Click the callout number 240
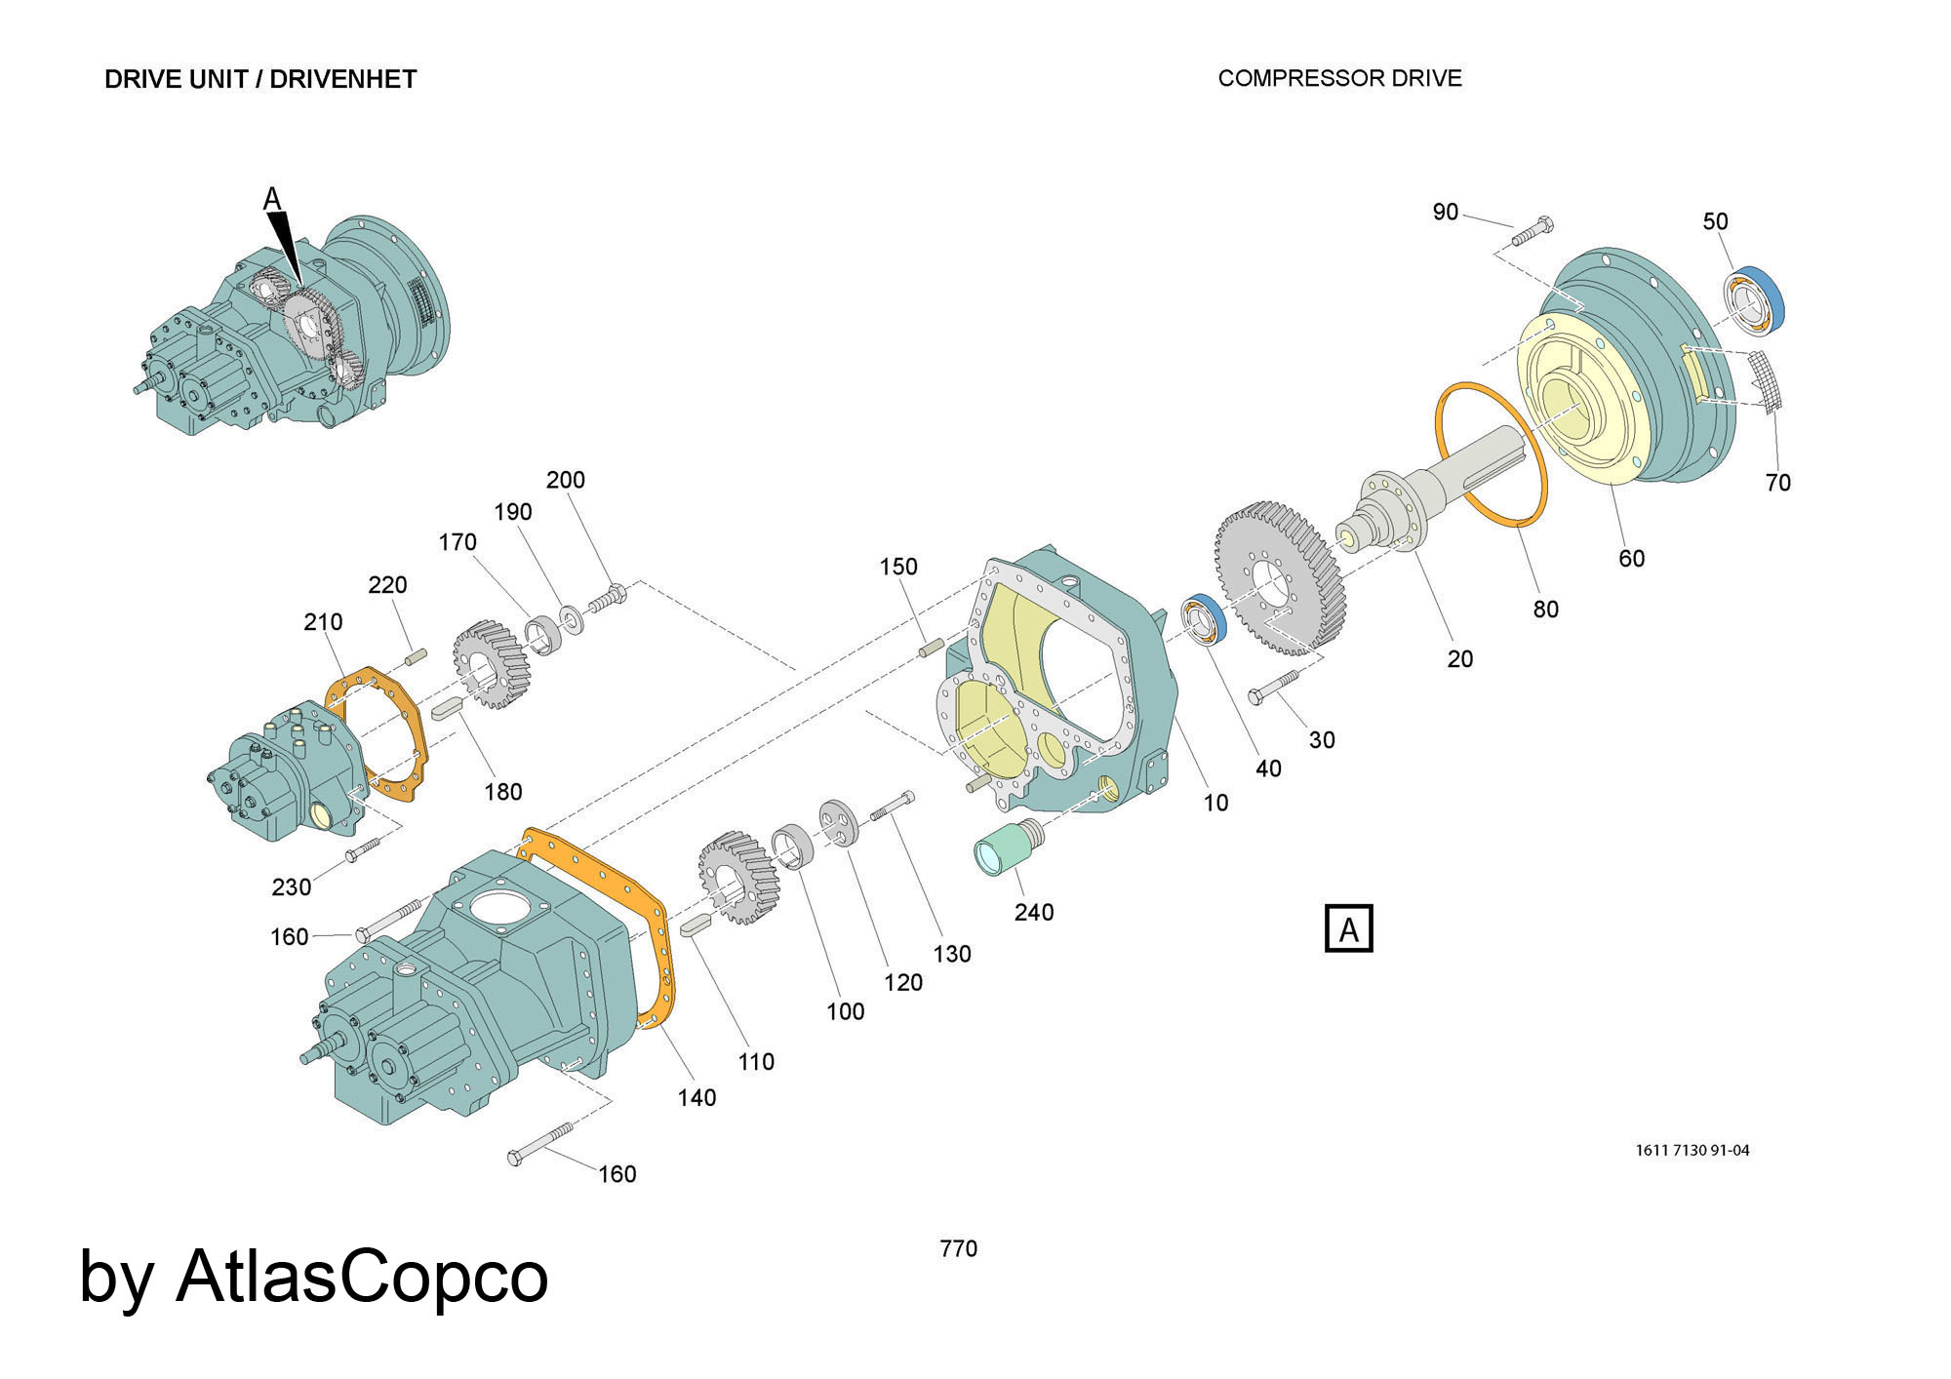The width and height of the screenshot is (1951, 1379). point(1033,912)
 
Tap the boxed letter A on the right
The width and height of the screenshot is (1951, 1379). point(1348,928)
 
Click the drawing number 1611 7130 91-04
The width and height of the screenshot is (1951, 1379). point(1692,1150)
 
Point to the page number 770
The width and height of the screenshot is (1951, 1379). point(958,1248)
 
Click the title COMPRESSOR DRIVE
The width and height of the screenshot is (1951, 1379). point(1339,78)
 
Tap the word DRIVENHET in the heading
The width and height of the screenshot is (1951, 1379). point(343,79)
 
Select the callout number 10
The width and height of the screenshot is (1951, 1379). point(1215,803)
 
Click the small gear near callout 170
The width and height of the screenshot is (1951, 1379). point(491,665)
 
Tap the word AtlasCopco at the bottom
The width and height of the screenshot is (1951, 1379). point(362,1277)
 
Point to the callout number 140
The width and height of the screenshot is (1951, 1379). point(697,1097)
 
